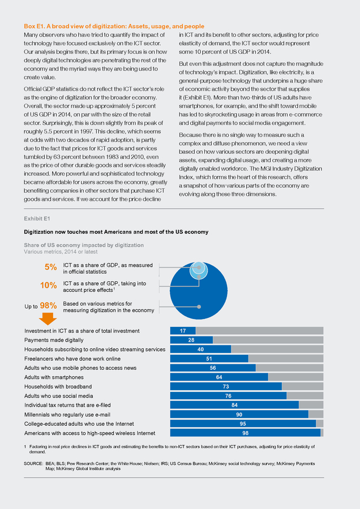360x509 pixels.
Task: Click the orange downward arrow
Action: pos(48,319)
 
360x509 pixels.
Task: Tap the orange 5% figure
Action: pos(51,267)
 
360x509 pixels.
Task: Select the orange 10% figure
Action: pos(49,286)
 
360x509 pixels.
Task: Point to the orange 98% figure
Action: pos(49,305)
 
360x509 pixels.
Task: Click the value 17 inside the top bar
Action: pos(183,331)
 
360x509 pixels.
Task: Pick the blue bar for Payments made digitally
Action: pos(191,340)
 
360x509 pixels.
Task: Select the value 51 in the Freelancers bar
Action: pos(209,359)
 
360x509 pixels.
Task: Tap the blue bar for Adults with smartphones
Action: pos(219,377)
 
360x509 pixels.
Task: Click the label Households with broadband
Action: pos(58,387)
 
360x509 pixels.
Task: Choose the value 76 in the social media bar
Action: pos(228,396)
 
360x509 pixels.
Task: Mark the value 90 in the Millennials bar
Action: pos(239,415)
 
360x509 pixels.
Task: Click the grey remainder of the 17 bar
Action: pos(260,331)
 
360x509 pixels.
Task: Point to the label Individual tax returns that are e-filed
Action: pos(67,405)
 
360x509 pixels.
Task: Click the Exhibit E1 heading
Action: pos(37,219)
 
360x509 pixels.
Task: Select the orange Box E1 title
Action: pos(114,26)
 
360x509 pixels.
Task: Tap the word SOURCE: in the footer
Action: pos(33,464)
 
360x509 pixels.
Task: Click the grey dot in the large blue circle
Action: pos(199,307)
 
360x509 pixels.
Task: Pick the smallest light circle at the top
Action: pos(199,268)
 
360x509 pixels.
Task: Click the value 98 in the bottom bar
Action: pos(245,433)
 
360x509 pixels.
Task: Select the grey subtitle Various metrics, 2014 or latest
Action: pos(61,252)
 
